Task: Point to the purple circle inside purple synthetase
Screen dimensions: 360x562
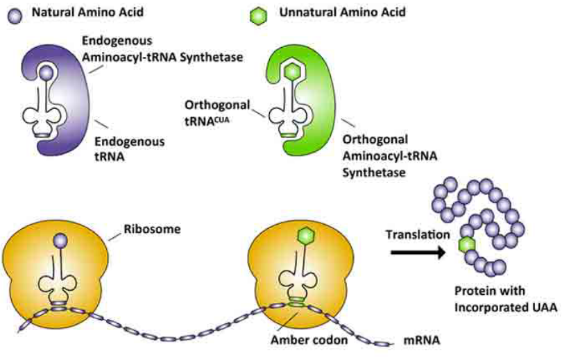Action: coord(46,71)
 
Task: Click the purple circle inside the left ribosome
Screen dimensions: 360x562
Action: coord(59,239)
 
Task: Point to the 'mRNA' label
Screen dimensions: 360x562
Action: coord(420,341)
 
